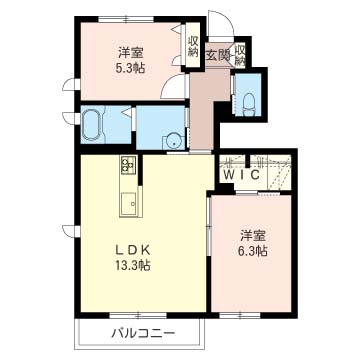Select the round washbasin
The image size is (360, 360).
coord(173,143)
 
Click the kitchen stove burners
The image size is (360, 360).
coord(128,164)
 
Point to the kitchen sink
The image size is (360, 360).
coord(128,204)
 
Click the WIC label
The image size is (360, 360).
coord(241,175)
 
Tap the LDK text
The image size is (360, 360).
coord(134,250)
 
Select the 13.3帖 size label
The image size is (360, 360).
coord(133,266)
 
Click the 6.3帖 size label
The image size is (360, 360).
coord(253,251)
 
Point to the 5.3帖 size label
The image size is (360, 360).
coord(130,68)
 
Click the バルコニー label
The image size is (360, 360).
coord(143,333)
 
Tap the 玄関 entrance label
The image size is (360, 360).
coord(217,55)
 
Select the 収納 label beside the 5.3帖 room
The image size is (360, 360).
coord(193,46)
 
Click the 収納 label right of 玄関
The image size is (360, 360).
coord(240,56)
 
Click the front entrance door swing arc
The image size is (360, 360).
coord(225,17)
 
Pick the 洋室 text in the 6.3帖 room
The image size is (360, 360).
coord(253,236)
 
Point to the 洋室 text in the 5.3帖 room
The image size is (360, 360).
coord(130,53)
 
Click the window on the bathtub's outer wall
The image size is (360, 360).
coord(71,118)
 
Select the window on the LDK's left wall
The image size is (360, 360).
coord(71,231)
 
